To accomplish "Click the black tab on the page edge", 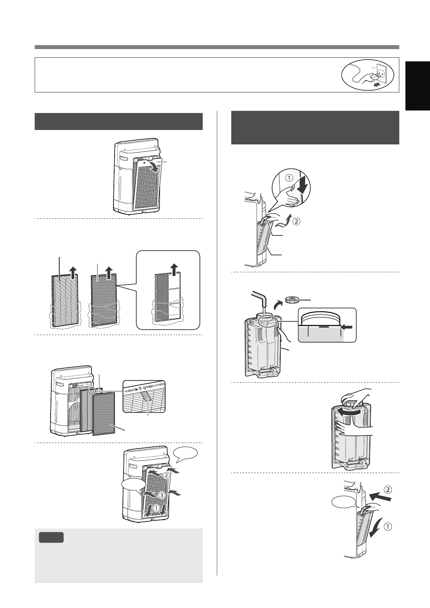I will pyautogui.click(x=417, y=85).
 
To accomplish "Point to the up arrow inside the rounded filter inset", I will pyautogui.click(x=175, y=270).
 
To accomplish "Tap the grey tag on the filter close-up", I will pyautogui.click(x=148, y=398).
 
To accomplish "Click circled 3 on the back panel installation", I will pyautogui.click(x=161, y=495).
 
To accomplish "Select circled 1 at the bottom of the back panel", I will pyautogui.click(x=156, y=508).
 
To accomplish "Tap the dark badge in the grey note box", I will pyautogui.click(x=51, y=537).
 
